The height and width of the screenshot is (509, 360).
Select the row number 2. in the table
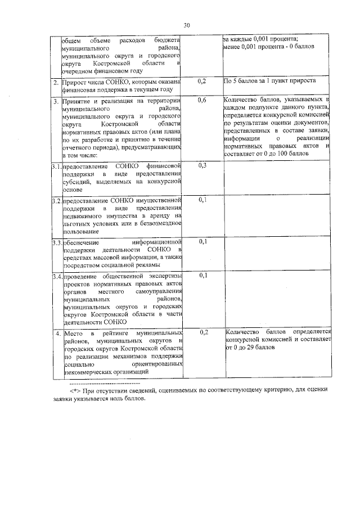pos(56,83)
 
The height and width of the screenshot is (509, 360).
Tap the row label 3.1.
pos(55,167)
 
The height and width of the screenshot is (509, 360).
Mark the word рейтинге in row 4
pos(115,333)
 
